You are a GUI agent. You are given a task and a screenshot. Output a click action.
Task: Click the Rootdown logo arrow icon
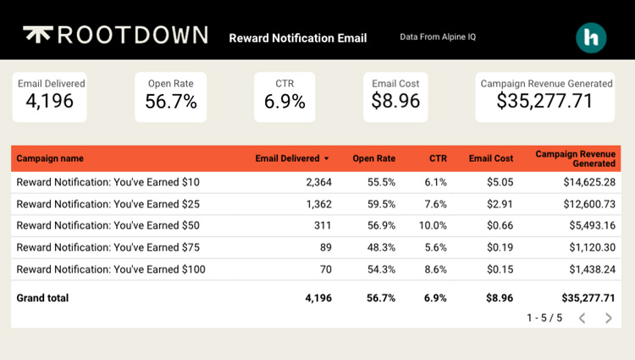pos(36,34)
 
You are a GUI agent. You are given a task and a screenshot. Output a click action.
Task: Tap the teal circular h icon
pos(591,38)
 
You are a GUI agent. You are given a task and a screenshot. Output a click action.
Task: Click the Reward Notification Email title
pos(297,38)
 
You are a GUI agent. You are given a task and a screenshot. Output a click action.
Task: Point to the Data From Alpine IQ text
pos(438,37)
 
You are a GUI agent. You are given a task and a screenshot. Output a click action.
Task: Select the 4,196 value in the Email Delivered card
pos(50,102)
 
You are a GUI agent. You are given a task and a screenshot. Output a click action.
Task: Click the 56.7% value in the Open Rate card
pos(171,102)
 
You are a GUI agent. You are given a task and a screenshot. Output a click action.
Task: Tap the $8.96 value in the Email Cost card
pos(395,102)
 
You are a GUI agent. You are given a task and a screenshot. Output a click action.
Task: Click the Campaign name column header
pos(50,158)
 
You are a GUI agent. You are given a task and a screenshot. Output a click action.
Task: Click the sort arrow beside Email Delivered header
pos(327,158)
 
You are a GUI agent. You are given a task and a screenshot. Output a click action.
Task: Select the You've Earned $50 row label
pos(108,226)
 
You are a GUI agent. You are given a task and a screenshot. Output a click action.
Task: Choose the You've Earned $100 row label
pos(110,269)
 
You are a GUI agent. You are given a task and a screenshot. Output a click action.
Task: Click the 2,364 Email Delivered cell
pos(317,182)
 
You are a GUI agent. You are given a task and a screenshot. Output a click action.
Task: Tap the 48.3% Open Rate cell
pos(380,248)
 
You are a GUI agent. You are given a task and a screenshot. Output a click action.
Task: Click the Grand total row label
pos(42,298)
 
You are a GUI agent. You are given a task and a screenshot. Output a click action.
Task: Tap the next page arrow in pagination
pos(608,318)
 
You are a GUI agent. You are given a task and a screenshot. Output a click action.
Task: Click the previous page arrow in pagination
pos(582,318)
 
